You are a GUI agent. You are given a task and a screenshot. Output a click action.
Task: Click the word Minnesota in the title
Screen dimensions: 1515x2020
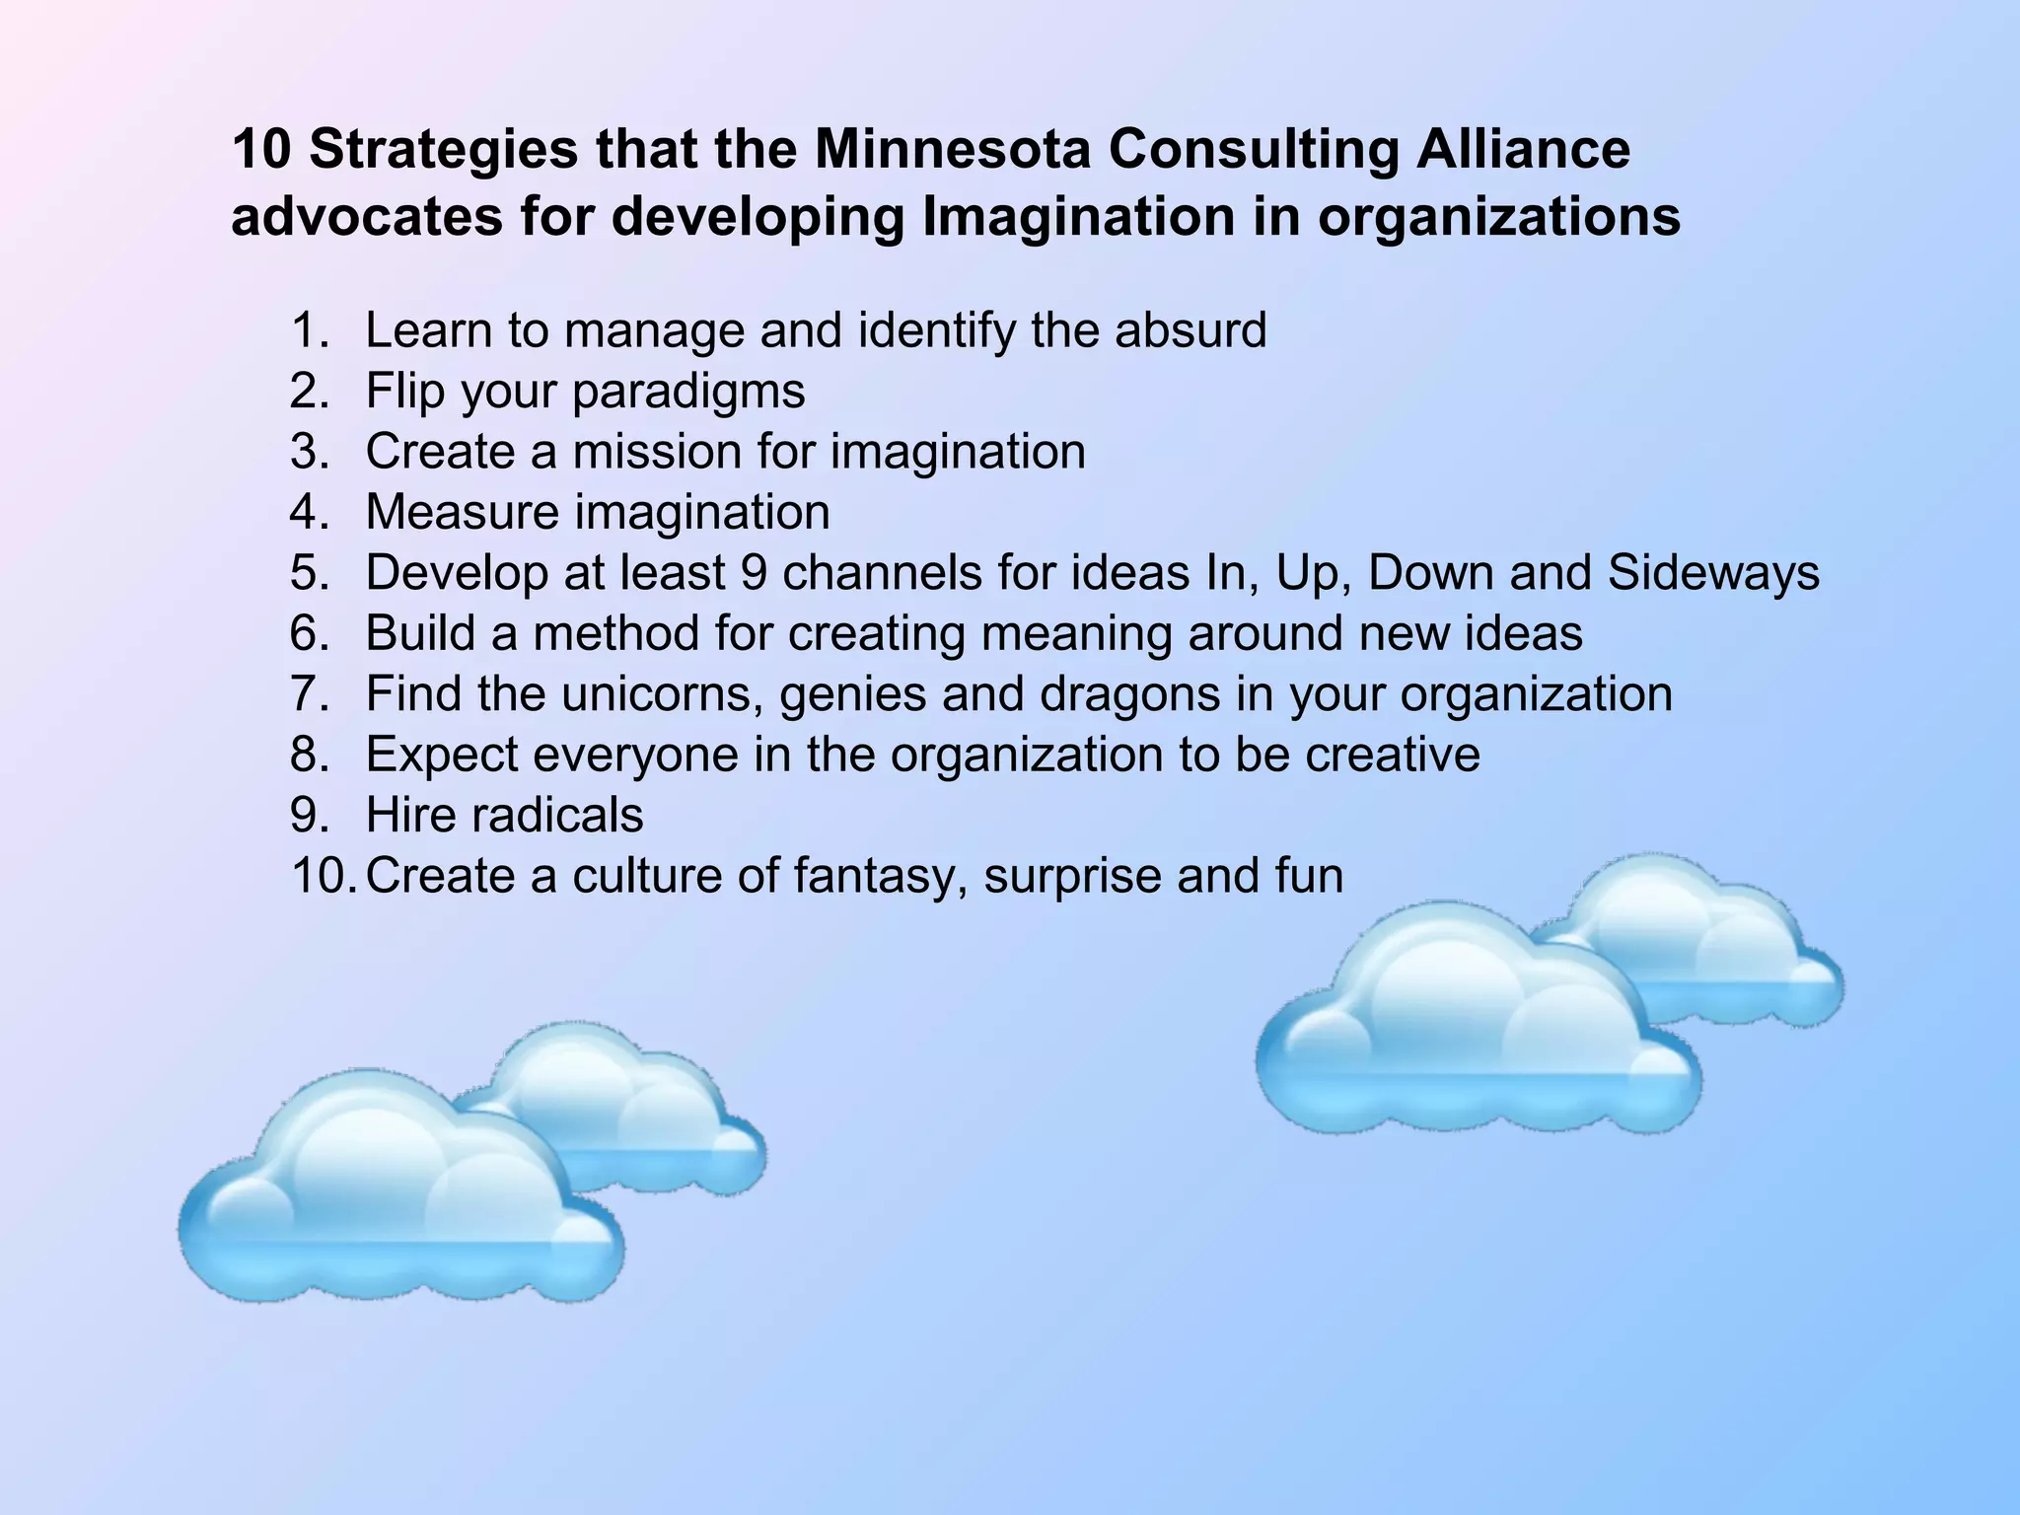(x=952, y=150)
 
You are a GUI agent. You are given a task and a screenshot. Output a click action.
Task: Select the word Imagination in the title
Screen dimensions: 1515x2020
(x=1078, y=217)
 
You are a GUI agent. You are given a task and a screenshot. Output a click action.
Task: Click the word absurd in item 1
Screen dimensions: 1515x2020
(x=1190, y=330)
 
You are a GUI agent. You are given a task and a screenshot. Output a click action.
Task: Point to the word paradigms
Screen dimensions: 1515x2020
(x=688, y=392)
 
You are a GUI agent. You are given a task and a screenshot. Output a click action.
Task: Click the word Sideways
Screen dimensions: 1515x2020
(x=1713, y=573)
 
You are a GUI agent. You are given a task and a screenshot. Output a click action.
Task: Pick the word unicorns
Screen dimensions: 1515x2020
(x=662, y=694)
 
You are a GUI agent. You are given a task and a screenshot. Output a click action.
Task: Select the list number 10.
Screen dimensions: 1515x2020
(x=322, y=876)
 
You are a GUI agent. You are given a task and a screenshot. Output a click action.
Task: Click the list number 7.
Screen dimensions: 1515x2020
(x=309, y=694)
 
